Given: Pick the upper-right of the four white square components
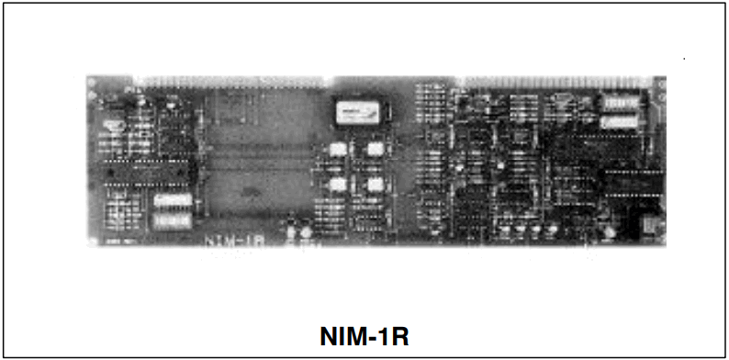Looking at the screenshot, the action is coord(375,149).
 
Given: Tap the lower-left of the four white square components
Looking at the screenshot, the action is coord(337,184).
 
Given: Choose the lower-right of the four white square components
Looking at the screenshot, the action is coord(375,184).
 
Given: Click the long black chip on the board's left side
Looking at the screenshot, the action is coord(147,170).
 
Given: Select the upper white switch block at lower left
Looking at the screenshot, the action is coord(173,199).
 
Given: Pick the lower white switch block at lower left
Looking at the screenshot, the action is coord(173,219).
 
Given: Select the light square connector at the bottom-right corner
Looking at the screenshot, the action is coord(648,224).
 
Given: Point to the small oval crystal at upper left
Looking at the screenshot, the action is coord(114,118).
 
